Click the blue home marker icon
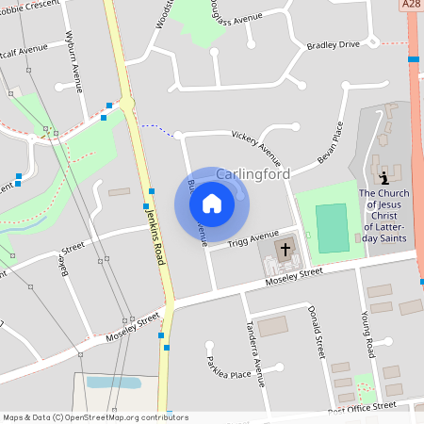(x=211, y=204)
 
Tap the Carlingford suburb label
(x=253, y=174)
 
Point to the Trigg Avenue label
(x=253, y=238)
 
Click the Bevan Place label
(x=332, y=142)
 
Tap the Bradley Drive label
(x=334, y=44)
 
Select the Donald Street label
(x=319, y=331)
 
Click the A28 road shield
(x=411, y=6)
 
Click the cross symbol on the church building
(x=285, y=249)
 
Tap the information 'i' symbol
(x=383, y=177)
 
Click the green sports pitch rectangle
(x=331, y=227)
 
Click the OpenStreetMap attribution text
(x=95, y=417)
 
